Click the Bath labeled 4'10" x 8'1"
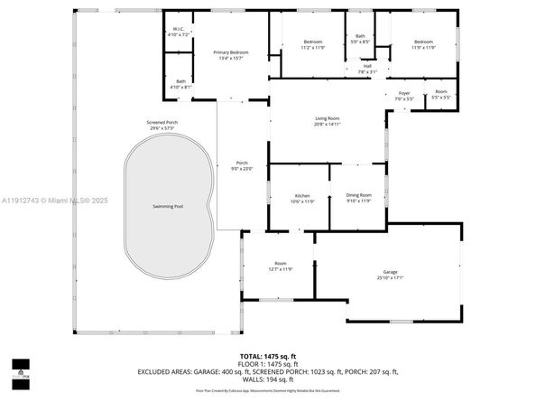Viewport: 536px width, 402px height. (181, 84)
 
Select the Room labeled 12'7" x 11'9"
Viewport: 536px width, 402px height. (280, 266)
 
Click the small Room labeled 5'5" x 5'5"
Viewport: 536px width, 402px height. (441, 94)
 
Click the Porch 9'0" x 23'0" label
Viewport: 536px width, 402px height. (242, 165)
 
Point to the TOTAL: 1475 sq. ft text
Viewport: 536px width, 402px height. (268, 357)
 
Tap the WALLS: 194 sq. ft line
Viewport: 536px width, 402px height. (268, 379)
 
